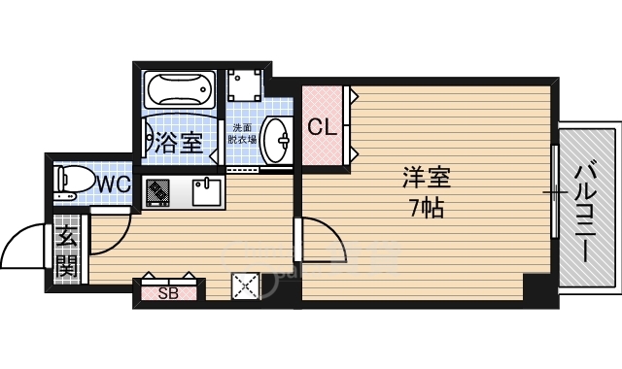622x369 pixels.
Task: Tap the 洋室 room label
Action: [427, 180]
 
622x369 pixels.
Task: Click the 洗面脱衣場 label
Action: [243, 133]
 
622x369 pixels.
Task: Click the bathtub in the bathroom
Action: [182, 92]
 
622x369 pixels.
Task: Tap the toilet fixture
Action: [71, 182]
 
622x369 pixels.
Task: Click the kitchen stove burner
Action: [157, 192]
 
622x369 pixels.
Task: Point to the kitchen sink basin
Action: [207, 192]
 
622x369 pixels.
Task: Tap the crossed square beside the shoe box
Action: [245, 287]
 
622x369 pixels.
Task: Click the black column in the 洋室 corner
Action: [536, 288]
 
